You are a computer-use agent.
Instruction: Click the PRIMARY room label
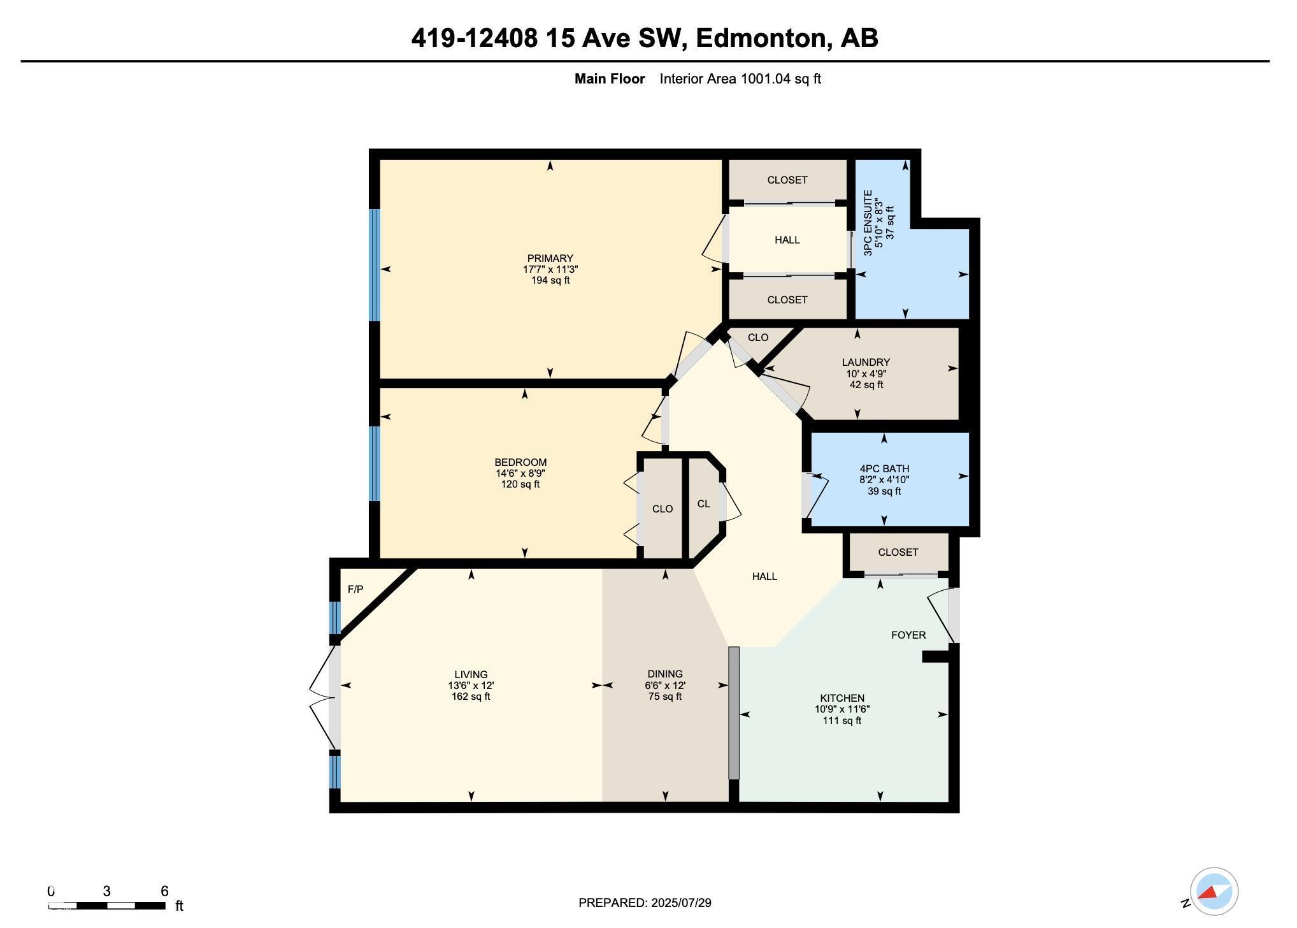click(550, 258)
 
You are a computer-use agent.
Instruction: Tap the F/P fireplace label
click(355, 590)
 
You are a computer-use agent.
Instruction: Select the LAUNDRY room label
click(866, 362)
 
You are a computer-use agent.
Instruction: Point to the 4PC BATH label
click(884, 468)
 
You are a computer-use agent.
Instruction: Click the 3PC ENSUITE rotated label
click(868, 223)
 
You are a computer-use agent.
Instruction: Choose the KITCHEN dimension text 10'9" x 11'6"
click(842, 709)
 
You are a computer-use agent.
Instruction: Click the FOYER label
click(908, 635)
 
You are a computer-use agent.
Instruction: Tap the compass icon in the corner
click(1214, 891)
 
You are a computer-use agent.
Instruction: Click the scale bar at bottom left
click(107, 905)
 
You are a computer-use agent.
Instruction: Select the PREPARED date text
click(645, 903)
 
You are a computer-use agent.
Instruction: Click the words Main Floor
click(610, 79)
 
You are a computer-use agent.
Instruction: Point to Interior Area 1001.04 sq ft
click(740, 79)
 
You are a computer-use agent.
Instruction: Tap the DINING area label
click(665, 674)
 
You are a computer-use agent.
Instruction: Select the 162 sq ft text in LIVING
click(471, 697)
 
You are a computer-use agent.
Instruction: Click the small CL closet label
click(703, 504)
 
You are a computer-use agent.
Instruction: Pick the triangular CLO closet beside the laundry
click(757, 338)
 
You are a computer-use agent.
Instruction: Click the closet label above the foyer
click(898, 552)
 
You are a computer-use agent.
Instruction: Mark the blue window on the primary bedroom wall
click(375, 265)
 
